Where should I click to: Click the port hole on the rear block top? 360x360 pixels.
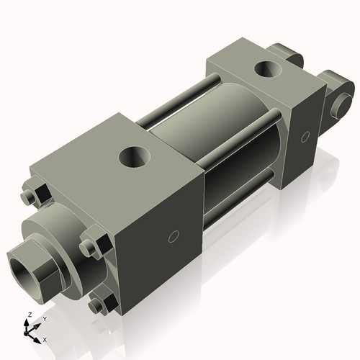(269, 71)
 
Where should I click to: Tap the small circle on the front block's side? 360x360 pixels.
(172, 236)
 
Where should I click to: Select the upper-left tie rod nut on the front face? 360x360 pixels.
(30, 196)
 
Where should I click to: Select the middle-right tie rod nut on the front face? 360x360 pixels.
(91, 246)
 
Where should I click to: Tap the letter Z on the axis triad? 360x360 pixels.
(28, 315)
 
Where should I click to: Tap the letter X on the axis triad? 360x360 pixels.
(45, 339)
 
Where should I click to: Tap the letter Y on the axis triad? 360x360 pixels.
(44, 318)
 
